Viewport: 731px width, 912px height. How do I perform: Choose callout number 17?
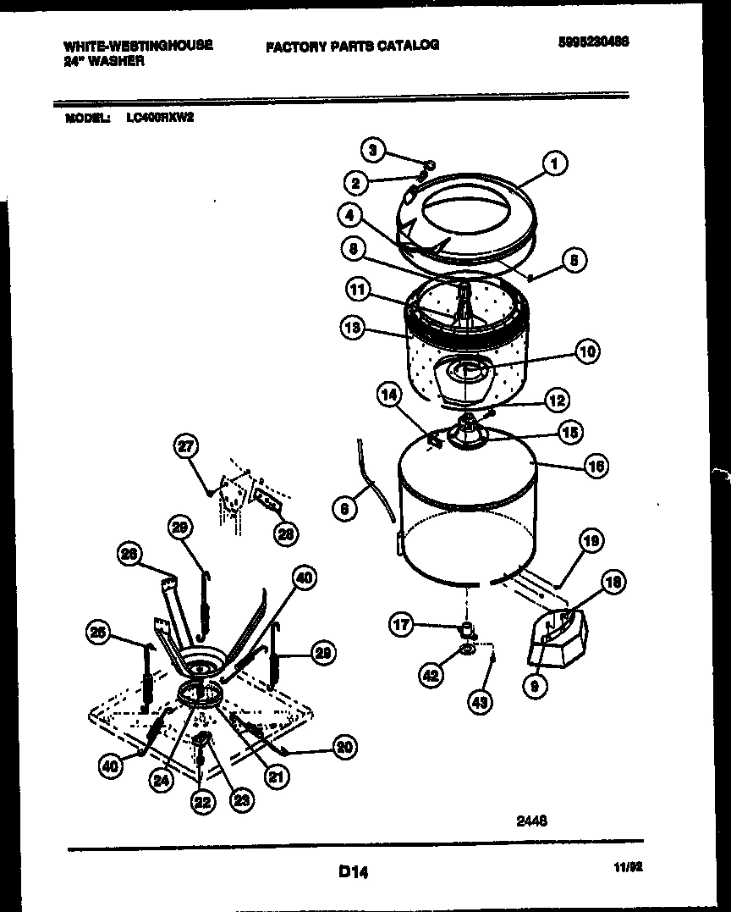(401, 626)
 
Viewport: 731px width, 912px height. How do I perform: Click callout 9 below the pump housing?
(535, 688)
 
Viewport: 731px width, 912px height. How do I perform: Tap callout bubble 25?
(99, 631)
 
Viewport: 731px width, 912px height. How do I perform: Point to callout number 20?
(344, 746)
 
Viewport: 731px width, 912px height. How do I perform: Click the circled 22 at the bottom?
(201, 801)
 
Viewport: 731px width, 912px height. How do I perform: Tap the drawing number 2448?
(531, 820)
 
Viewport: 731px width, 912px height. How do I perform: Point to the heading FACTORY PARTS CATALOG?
(353, 45)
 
